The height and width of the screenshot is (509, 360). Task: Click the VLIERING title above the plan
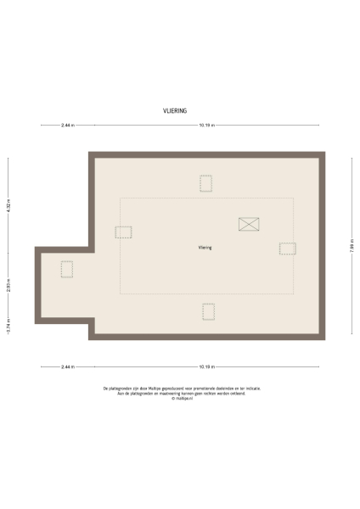click(175, 110)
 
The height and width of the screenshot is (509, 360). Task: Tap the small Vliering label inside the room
click(205, 248)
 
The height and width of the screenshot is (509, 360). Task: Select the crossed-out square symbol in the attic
click(249, 224)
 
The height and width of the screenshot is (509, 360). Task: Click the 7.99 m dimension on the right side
click(351, 248)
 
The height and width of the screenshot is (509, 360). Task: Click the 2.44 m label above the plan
click(68, 126)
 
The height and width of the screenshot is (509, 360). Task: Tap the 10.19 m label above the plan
click(206, 126)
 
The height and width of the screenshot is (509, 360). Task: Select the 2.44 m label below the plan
click(68, 367)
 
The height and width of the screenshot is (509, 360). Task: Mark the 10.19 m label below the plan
click(206, 367)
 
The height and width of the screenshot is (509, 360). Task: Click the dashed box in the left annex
click(67, 269)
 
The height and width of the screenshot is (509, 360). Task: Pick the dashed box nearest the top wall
click(205, 183)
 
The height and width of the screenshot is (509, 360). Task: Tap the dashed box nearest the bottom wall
click(209, 311)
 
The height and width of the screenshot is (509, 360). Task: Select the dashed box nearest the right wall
click(287, 249)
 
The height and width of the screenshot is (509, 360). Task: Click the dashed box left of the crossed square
click(124, 232)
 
